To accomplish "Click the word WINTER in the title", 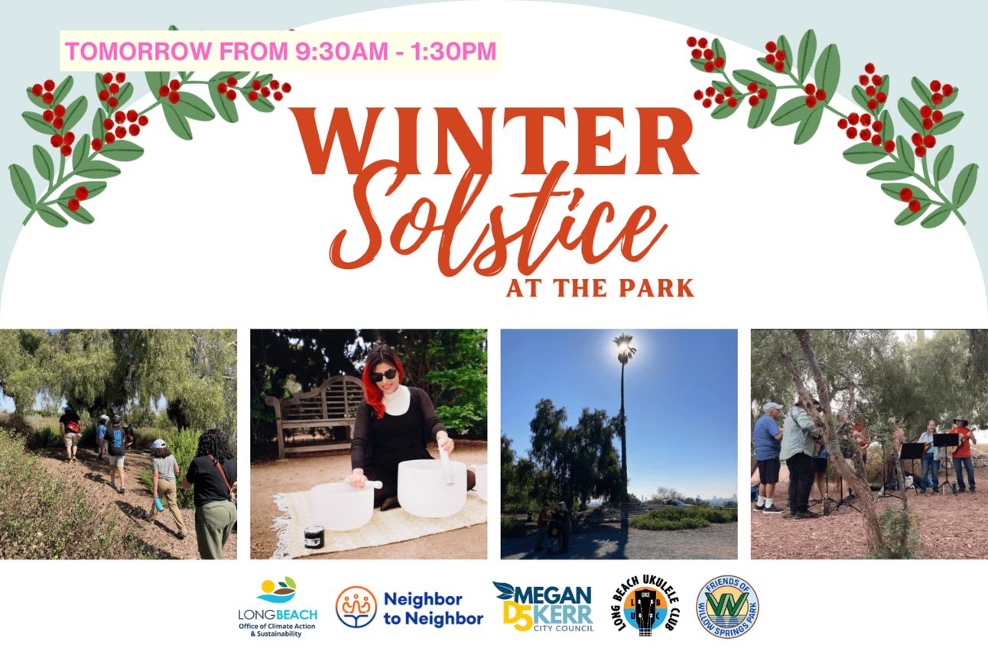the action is click(x=498, y=141).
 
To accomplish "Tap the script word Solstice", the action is click(x=498, y=220).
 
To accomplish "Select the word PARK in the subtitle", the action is click(x=656, y=288).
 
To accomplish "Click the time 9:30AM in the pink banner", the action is click(x=341, y=50).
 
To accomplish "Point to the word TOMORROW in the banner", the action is click(x=138, y=50).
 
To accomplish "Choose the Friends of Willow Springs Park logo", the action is click(x=727, y=607).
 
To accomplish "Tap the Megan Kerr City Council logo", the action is click(x=544, y=607).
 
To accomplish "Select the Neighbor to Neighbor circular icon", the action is click(x=356, y=607).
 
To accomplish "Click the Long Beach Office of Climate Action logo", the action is click(x=277, y=607).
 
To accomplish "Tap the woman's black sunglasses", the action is click(x=382, y=375).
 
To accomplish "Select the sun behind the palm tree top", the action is click(x=623, y=347).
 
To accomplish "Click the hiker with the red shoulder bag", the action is click(x=70, y=435).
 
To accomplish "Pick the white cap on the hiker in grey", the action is click(x=158, y=443).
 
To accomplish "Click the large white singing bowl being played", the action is click(x=432, y=488).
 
